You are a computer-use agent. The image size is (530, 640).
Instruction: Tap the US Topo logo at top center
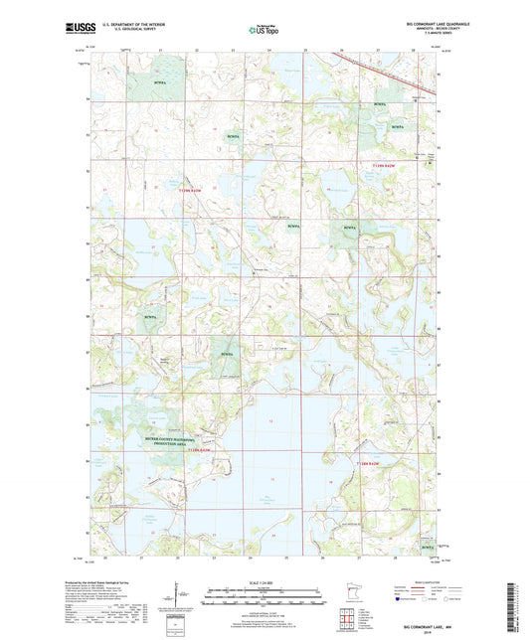pos(262,30)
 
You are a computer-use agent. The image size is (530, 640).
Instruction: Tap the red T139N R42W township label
pos(389,165)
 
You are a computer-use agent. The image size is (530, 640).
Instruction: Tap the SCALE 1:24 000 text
pos(265,581)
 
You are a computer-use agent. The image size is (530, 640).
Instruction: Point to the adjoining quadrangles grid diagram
pos(352,619)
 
